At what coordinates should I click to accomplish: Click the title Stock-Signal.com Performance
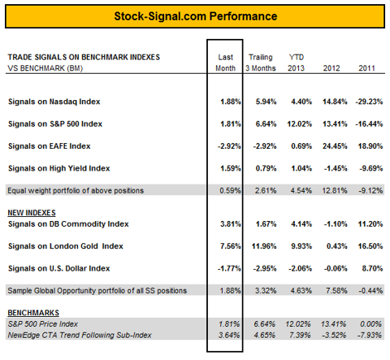(x=196, y=16)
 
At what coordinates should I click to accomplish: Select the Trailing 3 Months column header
(x=261, y=63)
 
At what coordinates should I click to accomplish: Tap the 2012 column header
(x=331, y=68)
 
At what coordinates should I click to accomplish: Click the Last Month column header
(x=225, y=63)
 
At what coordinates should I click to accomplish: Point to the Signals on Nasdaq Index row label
(x=54, y=102)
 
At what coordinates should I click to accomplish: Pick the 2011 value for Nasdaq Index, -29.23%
(x=369, y=102)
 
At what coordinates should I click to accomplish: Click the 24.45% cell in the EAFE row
(x=335, y=146)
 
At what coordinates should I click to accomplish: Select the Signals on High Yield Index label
(x=59, y=168)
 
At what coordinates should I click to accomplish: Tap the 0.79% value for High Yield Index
(x=266, y=168)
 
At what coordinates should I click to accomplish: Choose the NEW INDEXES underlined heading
(x=32, y=213)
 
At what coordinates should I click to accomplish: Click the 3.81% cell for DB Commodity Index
(x=231, y=224)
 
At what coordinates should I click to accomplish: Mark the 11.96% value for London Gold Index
(x=264, y=246)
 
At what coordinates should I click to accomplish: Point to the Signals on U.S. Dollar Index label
(x=59, y=268)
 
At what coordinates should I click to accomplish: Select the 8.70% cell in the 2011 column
(x=372, y=268)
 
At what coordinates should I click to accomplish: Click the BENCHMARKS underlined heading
(x=33, y=313)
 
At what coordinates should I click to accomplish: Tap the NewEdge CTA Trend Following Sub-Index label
(x=80, y=335)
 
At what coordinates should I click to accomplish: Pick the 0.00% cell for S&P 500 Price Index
(x=370, y=324)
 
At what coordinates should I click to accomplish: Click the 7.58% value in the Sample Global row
(x=336, y=291)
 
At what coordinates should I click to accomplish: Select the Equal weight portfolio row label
(x=76, y=191)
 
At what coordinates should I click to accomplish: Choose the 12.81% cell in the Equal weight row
(x=335, y=191)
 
